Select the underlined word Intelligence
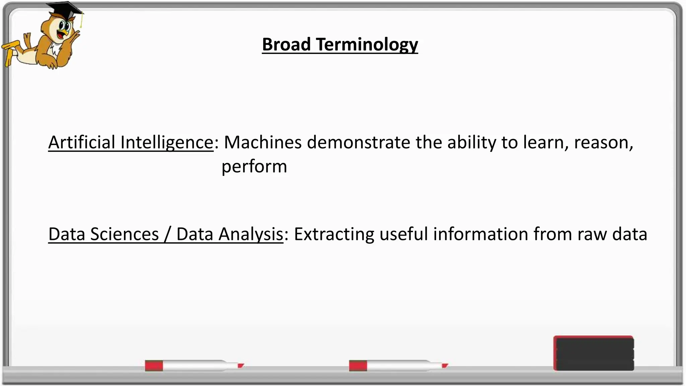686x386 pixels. point(166,142)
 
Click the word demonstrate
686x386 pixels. point(358,142)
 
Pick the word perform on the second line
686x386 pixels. point(254,167)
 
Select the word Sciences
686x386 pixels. point(124,234)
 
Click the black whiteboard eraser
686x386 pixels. point(594,353)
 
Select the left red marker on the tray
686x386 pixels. point(194,365)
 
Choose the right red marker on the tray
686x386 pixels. point(398,365)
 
